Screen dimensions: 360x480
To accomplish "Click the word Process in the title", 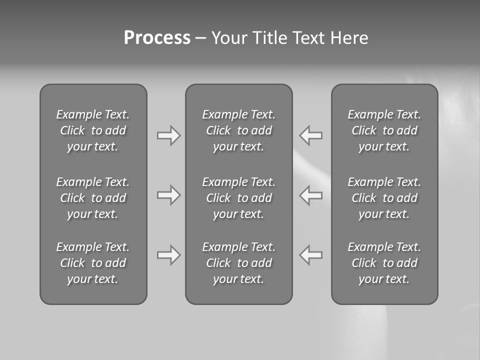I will coord(157,38).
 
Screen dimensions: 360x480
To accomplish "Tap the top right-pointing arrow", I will coord(168,135).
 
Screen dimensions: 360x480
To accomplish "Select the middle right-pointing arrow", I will coord(168,195).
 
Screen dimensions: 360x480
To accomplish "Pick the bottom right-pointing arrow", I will coord(168,255).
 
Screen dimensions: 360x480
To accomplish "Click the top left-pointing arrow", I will coord(311,135).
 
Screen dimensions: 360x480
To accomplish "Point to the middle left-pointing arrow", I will coord(311,195).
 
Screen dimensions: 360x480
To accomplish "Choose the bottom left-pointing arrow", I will coord(311,255).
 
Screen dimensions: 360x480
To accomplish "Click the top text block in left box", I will coord(93,130).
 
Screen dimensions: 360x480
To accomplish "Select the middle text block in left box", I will coord(93,198).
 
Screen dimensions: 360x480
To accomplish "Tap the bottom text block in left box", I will coord(93,263).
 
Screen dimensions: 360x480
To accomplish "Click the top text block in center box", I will coord(238,130).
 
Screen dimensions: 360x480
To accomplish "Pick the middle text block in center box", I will coord(238,198).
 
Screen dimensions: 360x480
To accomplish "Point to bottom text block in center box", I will coord(238,263).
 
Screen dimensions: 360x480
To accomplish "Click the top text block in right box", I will coord(384,130).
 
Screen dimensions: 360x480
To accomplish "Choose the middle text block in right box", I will coord(384,198).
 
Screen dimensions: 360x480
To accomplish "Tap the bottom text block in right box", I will coord(384,263).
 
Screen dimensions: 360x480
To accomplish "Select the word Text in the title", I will coord(308,38).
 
